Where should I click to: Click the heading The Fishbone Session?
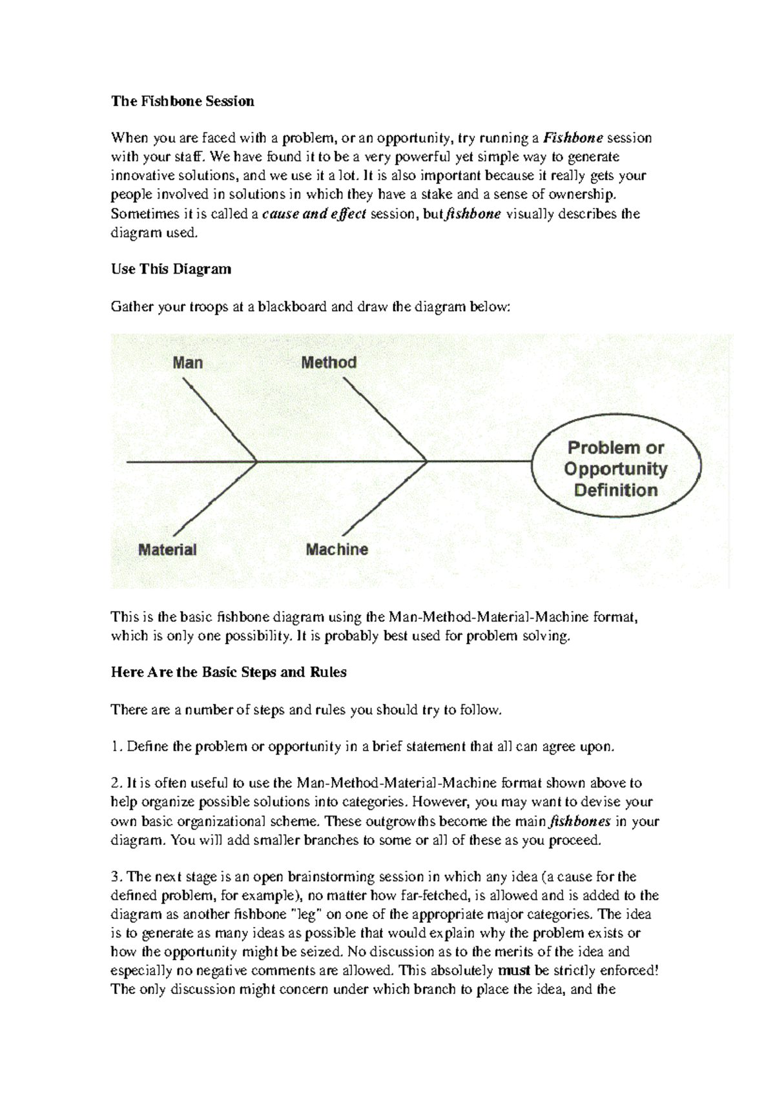pyautogui.click(x=183, y=101)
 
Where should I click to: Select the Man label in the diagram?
pyautogui.click(x=188, y=363)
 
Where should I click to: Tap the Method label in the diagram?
pyautogui.click(x=329, y=363)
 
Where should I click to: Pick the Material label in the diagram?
pyautogui.click(x=167, y=550)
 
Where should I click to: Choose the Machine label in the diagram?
pyautogui.click(x=336, y=550)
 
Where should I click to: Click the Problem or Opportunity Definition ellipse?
pyautogui.click(x=615, y=469)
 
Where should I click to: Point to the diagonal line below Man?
pyautogui.click(x=220, y=420)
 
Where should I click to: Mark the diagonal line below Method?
pyautogui.click(x=384, y=420)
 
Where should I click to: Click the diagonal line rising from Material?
pyautogui.click(x=216, y=498)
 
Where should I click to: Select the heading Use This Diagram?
pyautogui.click(x=171, y=269)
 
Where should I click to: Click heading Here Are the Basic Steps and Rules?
pyautogui.click(x=229, y=673)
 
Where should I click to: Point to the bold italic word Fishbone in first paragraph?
pyautogui.click(x=573, y=138)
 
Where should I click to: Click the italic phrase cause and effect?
pyautogui.click(x=315, y=214)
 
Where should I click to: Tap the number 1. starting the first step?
pyautogui.click(x=116, y=747)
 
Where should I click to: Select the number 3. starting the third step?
pyautogui.click(x=116, y=877)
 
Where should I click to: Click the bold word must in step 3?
pyautogui.click(x=515, y=971)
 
